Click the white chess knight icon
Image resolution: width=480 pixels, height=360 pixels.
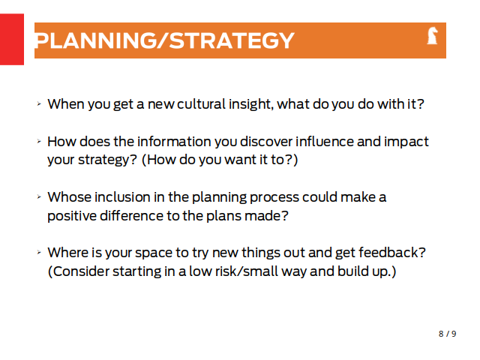point(432,35)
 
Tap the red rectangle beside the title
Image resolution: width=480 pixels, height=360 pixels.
point(12,39)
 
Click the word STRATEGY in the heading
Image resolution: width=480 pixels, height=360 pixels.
point(232,40)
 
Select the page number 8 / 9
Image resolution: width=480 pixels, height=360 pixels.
point(447,334)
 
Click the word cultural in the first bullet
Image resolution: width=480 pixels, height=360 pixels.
point(201,104)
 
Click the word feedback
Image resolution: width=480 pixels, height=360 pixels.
point(392,253)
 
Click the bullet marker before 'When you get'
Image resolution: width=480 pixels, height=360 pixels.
point(39,104)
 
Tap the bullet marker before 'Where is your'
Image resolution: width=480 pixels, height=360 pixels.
point(39,253)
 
